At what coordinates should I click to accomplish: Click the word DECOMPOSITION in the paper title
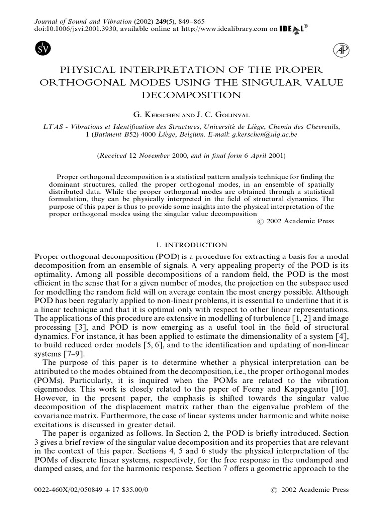coord(192,94)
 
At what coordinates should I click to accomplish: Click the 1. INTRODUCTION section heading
coord(191,245)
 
